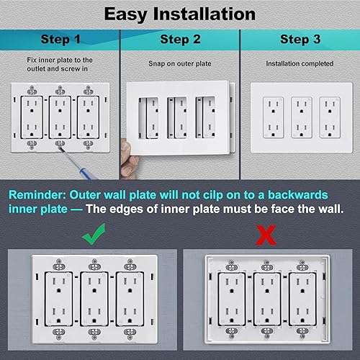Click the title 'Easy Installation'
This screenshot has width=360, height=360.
[179, 13]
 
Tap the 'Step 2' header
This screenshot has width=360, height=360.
[179, 39]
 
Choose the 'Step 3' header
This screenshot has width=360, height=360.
[299, 39]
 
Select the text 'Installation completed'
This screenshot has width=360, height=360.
[299, 63]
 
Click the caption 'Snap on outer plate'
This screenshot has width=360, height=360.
[179, 63]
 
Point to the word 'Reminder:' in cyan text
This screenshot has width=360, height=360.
[39, 195]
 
